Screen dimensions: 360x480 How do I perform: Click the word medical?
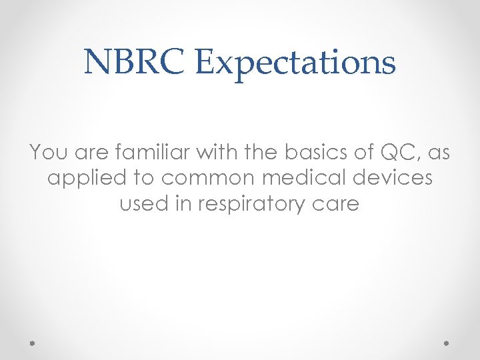tap(307, 178)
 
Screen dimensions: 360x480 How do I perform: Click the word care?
tap(337, 204)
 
